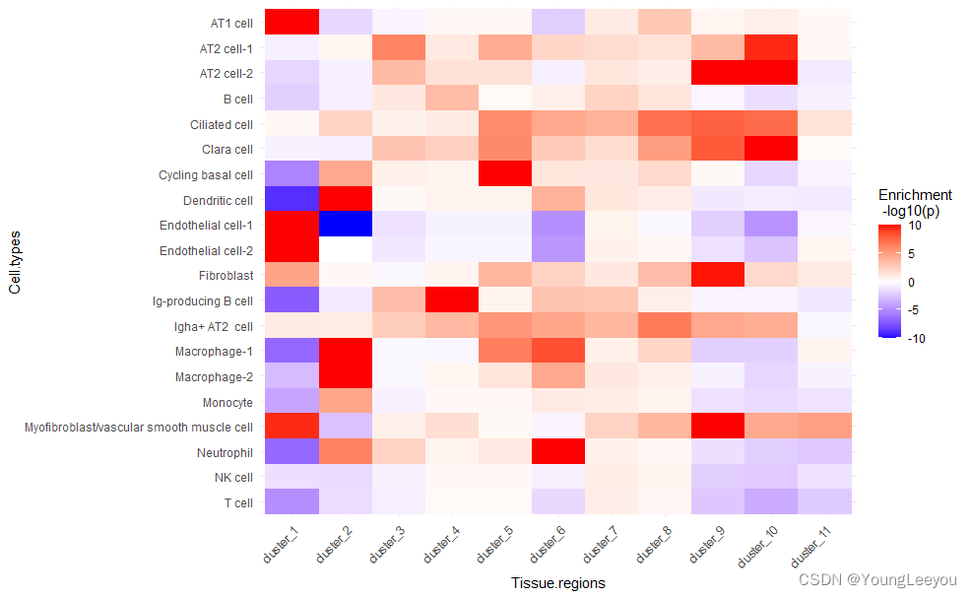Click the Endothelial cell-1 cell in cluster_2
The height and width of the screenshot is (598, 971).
(x=346, y=225)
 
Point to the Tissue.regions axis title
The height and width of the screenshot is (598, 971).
(x=557, y=583)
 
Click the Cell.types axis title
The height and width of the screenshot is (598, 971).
(x=14, y=262)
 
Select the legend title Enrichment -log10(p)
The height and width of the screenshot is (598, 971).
(x=915, y=202)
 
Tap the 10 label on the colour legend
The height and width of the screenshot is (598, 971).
(x=914, y=226)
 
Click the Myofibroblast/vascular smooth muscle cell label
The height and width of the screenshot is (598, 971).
(x=139, y=428)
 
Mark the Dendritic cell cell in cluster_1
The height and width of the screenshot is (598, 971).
(x=291, y=200)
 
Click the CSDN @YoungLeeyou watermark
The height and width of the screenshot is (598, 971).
(x=878, y=580)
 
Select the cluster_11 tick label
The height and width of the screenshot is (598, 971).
(x=822, y=544)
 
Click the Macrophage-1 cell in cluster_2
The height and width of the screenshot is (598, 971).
(x=346, y=352)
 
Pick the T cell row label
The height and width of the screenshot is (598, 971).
(x=239, y=503)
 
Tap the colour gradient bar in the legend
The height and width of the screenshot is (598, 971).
(x=890, y=282)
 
